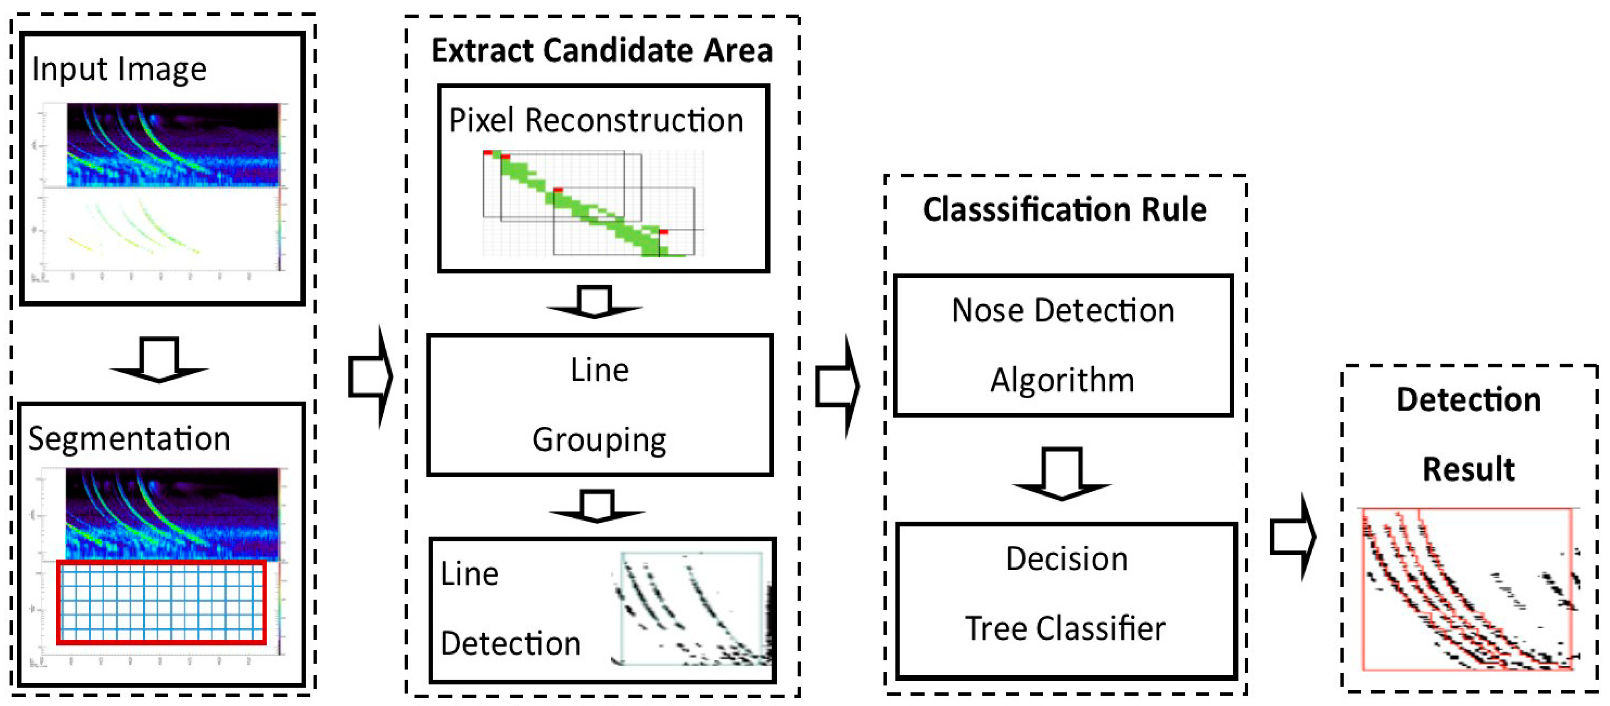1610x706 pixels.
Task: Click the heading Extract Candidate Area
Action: [x=602, y=50]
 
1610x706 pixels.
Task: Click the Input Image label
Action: [x=119, y=69]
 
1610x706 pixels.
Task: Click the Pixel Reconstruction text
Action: [x=596, y=121]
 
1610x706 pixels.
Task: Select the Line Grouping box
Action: [x=599, y=405]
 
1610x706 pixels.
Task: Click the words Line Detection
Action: [x=509, y=609]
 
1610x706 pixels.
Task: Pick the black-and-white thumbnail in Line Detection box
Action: [x=692, y=609]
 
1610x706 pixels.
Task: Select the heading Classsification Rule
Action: [x=1065, y=209]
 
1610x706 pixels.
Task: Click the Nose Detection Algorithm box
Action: [x=1062, y=345]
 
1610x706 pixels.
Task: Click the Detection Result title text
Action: [x=1469, y=434]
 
